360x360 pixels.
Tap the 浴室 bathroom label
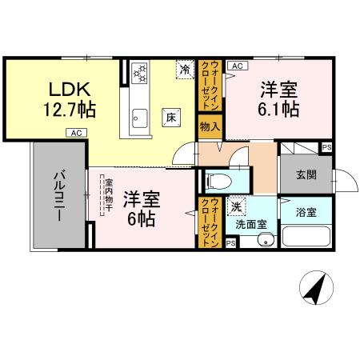pos(306,213)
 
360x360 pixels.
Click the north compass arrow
pos(314,286)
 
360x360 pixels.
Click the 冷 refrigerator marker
pos(185,70)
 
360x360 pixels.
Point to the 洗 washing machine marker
pos(236,206)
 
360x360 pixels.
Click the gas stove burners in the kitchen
pos(142,74)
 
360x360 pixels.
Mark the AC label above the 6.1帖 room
pos(238,66)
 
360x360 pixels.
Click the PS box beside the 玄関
pos(326,147)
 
